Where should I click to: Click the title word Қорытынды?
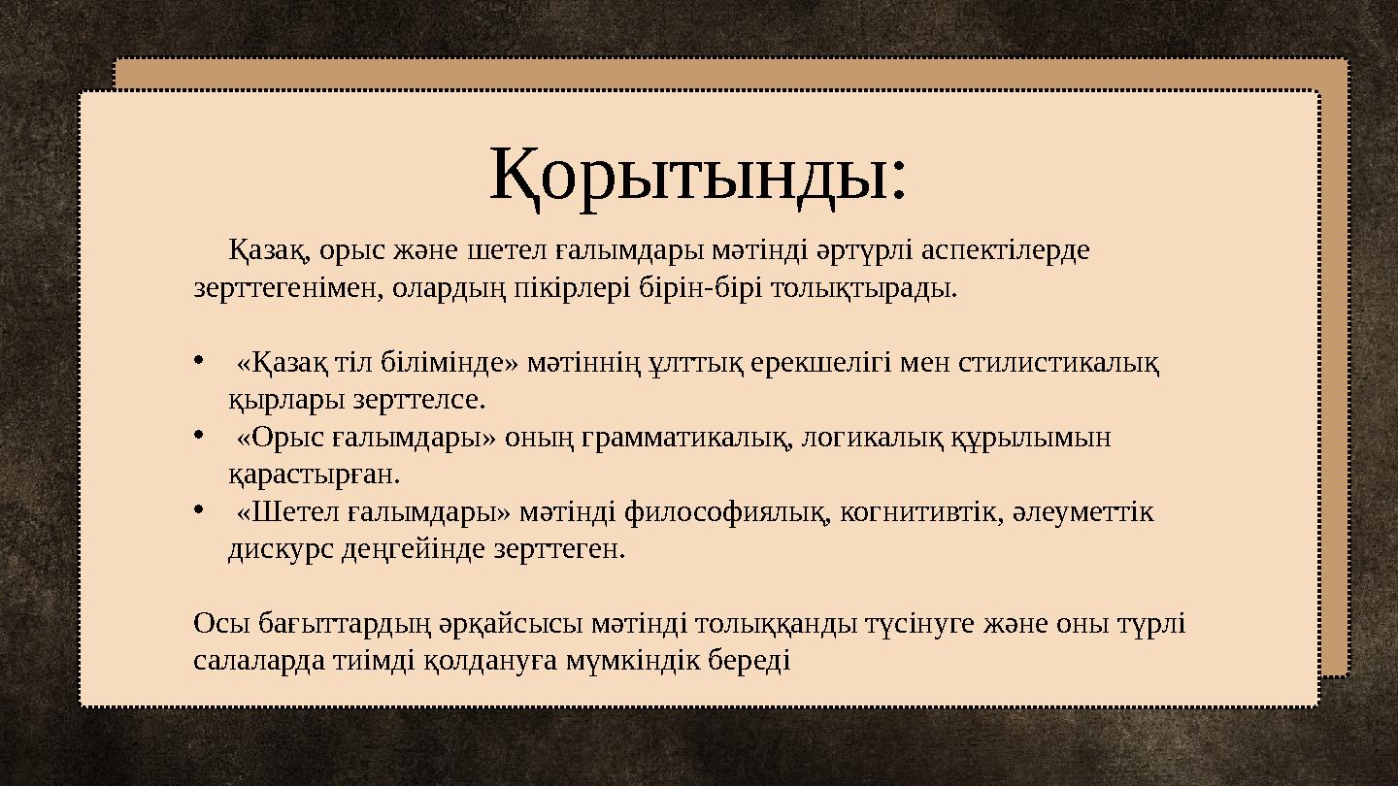point(697,176)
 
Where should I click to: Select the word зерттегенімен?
point(286,288)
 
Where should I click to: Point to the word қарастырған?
point(313,475)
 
